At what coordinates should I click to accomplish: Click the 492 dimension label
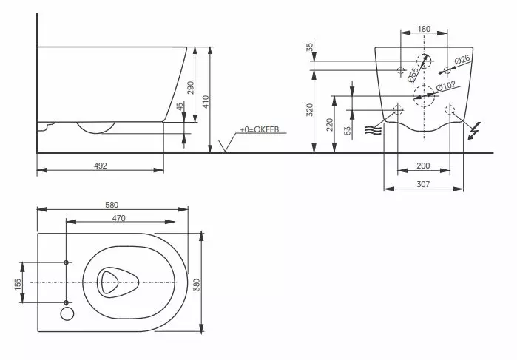tap(101, 166)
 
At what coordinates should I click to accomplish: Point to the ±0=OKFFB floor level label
tap(257, 131)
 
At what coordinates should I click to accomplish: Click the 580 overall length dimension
tap(112, 205)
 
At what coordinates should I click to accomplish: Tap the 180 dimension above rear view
tap(424, 29)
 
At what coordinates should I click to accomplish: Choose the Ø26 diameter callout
tap(462, 60)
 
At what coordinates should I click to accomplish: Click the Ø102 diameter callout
tap(445, 86)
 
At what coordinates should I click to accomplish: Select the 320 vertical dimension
tap(311, 109)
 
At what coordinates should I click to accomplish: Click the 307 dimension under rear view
tap(422, 183)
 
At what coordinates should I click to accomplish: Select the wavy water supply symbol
tap(371, 130)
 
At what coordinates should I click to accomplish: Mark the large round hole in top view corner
tap(67, 315)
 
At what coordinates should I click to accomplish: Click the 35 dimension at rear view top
tap(310, 47)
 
